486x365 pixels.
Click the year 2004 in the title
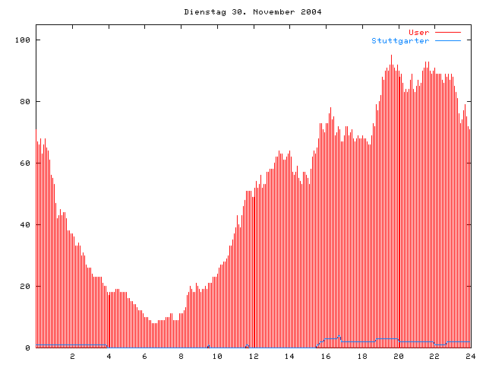[310, 12]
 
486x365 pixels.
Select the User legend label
[418, 32]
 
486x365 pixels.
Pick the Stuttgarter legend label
[400, 40]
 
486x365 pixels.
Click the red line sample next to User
[448, 32]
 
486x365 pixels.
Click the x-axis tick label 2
[73, 356]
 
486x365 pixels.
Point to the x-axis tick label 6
[145, 356]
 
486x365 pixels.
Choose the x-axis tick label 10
[217, 356]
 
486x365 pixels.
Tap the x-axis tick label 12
[254, 356]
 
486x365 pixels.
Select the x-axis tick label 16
[326, 356]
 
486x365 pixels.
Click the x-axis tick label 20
[398, 356]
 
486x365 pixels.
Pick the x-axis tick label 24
[470, 356]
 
